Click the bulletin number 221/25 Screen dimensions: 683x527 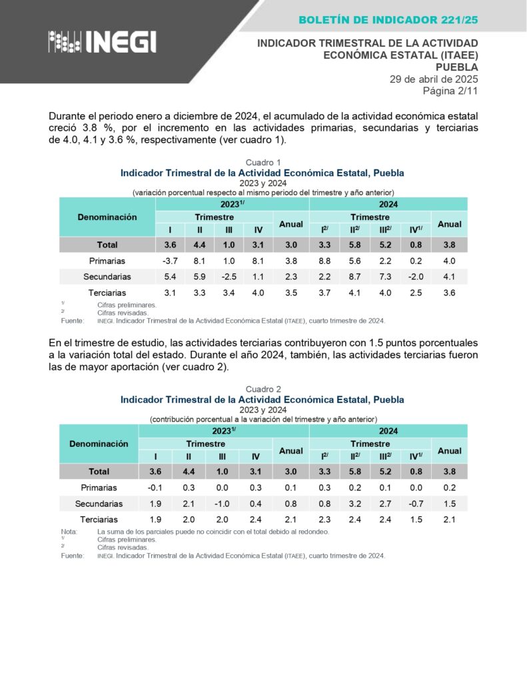(x=455, y=21)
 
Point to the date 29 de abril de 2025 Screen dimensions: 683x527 (x=434, y=79)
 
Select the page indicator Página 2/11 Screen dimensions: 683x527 (x=451, y=91)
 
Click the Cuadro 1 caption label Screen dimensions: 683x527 (x=263, y=163)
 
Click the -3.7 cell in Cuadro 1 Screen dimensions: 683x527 (x=170, y=261)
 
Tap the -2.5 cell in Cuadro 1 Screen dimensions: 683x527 (x=229, y=277)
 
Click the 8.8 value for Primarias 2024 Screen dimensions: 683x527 (x=324, y=261)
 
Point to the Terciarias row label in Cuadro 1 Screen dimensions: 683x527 (x=107, y=293)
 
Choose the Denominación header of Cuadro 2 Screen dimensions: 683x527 (x=99, y=444)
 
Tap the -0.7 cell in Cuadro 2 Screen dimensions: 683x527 (x=415, y=504)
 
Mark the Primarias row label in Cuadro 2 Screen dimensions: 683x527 (x=99, y=488)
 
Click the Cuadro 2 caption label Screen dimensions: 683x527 (x=263, y=390)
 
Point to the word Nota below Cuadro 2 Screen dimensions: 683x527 (x=69, y=532)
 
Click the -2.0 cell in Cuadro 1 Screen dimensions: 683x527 (x=416, y=277)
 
